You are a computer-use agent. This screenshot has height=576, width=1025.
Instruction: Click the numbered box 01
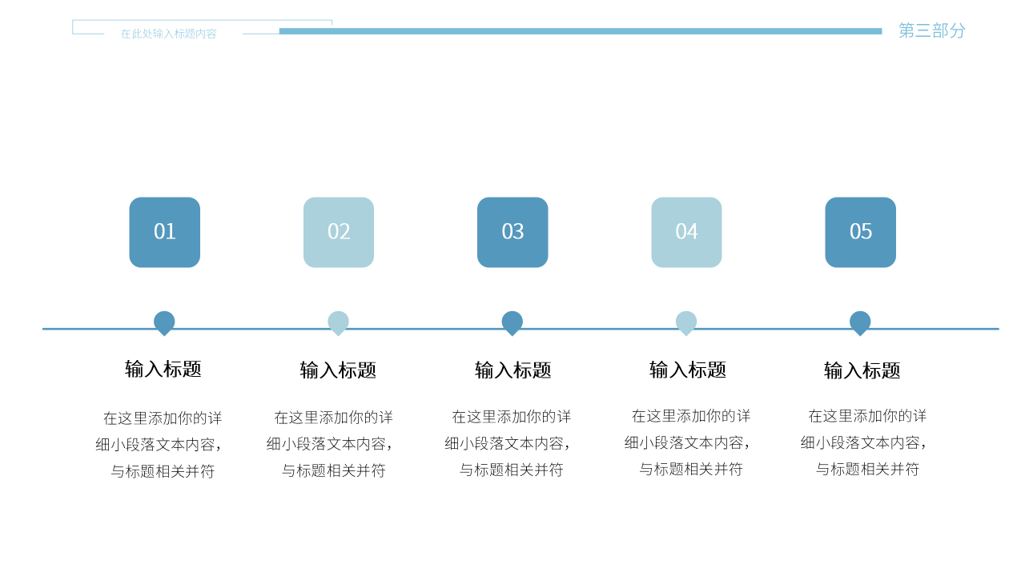tap(164, 232)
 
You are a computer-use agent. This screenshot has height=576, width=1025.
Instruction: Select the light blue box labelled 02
tap(339, 232)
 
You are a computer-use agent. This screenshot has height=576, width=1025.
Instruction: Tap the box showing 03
tap(512, 232)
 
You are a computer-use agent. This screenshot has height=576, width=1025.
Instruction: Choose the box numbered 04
tap(686, 232)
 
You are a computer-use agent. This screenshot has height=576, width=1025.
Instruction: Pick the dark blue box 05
tap(860, 232)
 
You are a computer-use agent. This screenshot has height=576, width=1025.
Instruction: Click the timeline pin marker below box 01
tap(164, 322)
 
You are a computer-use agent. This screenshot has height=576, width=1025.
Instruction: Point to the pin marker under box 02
tap(338, 322)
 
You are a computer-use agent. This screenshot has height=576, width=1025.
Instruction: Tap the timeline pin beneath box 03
tap(512, 322)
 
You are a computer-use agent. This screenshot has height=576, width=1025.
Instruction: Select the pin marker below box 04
tap(686, 322)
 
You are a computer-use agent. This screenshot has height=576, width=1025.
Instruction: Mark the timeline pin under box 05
tap(860, 322)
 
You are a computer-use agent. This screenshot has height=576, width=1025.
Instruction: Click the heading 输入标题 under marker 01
tap(163, 369)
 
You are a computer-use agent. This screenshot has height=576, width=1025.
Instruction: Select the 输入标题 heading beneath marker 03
tap(512, 370)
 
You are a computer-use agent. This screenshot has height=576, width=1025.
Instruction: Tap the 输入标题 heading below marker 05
tap(862, 370)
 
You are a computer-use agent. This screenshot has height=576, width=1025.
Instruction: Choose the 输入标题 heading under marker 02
tap(338, 370)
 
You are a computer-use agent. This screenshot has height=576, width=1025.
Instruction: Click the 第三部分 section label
tap(932, 30)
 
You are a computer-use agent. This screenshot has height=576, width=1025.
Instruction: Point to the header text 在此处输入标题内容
tap(169, 34)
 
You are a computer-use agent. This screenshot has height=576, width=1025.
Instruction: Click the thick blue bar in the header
tap(581, 31)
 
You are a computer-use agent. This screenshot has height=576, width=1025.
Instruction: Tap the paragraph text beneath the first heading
tap(161, 444)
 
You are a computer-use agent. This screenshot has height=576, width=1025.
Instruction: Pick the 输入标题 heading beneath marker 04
tap(687, 370)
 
